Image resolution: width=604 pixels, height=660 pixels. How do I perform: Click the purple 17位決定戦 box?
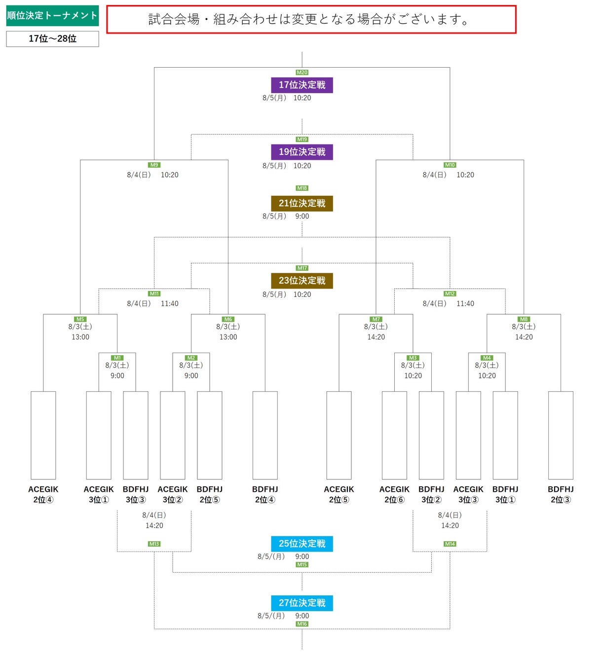pos(302,85)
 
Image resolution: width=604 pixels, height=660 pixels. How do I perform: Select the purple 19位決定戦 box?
pos(302,152)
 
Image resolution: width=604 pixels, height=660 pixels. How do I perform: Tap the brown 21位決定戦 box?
pos(302,203)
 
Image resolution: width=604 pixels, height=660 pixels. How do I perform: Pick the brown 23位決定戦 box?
pos(302,281)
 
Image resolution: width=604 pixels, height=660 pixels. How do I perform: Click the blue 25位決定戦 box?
pos(302,544)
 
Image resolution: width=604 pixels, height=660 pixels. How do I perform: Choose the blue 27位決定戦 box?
pos(302,603)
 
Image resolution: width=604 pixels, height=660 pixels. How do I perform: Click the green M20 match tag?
pos(302,73)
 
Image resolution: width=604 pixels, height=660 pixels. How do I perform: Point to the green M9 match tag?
pos(154,165)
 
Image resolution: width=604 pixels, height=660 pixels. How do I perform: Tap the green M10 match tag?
pos(450,165)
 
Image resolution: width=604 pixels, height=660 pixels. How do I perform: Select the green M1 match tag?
pos(117,358)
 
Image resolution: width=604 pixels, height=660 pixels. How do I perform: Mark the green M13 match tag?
pos(154,544)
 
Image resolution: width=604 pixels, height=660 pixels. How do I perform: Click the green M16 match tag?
pos(302,624)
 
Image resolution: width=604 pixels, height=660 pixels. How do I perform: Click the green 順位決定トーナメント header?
pos(52,16)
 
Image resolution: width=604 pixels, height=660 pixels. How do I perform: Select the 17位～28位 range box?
pos(52,39)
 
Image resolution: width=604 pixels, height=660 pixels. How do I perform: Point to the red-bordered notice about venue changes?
pos(311,20)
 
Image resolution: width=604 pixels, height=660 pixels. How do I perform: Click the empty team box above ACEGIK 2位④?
pos(43,435)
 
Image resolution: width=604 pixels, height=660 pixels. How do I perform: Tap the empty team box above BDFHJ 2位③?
pos(561,435)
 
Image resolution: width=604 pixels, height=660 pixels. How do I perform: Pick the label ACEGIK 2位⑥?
pos(394,494)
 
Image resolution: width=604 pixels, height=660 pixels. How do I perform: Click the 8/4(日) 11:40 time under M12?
pos(448,304)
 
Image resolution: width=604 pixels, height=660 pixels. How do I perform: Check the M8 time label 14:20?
pos(524,337)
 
